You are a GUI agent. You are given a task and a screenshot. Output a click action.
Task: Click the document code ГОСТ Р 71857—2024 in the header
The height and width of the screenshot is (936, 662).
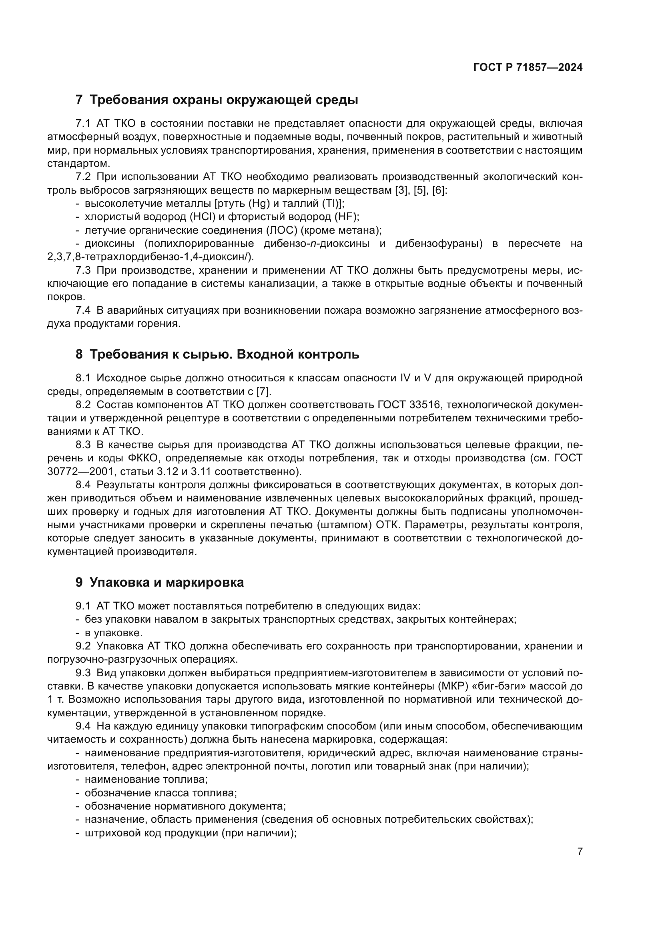click(528, 68)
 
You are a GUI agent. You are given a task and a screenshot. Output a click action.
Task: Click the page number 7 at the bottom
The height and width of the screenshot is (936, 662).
click(580, 852)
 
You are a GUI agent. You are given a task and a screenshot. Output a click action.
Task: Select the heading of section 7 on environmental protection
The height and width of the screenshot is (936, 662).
click(217, 100)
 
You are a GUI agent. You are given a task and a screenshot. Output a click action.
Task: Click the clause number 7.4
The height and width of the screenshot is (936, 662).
click(83, 311)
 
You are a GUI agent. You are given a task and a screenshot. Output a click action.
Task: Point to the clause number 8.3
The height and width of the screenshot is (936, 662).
click(83, 445)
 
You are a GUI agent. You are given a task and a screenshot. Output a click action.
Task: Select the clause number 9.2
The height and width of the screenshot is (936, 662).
click(83, 646)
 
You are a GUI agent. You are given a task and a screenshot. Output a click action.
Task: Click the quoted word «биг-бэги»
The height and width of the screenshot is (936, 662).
click(504, 686)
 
